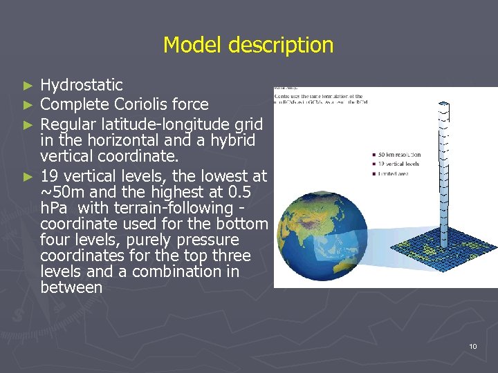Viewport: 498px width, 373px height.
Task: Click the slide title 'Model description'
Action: click(x=248, y=46)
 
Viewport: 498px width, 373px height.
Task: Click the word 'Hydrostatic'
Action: click(x=82, y=86)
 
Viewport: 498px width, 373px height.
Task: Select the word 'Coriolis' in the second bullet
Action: click(x=140, y=104)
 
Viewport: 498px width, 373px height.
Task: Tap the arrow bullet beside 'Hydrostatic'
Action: click(x=28, y=86)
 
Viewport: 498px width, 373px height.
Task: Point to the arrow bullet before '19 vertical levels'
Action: click(x=28, y=177)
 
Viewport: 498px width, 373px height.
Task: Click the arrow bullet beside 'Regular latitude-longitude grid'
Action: click(x=28, y=125)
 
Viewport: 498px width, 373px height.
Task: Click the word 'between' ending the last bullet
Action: click(x=71, y=287)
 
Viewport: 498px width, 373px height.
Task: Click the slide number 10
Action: click(x=472, y=345)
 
